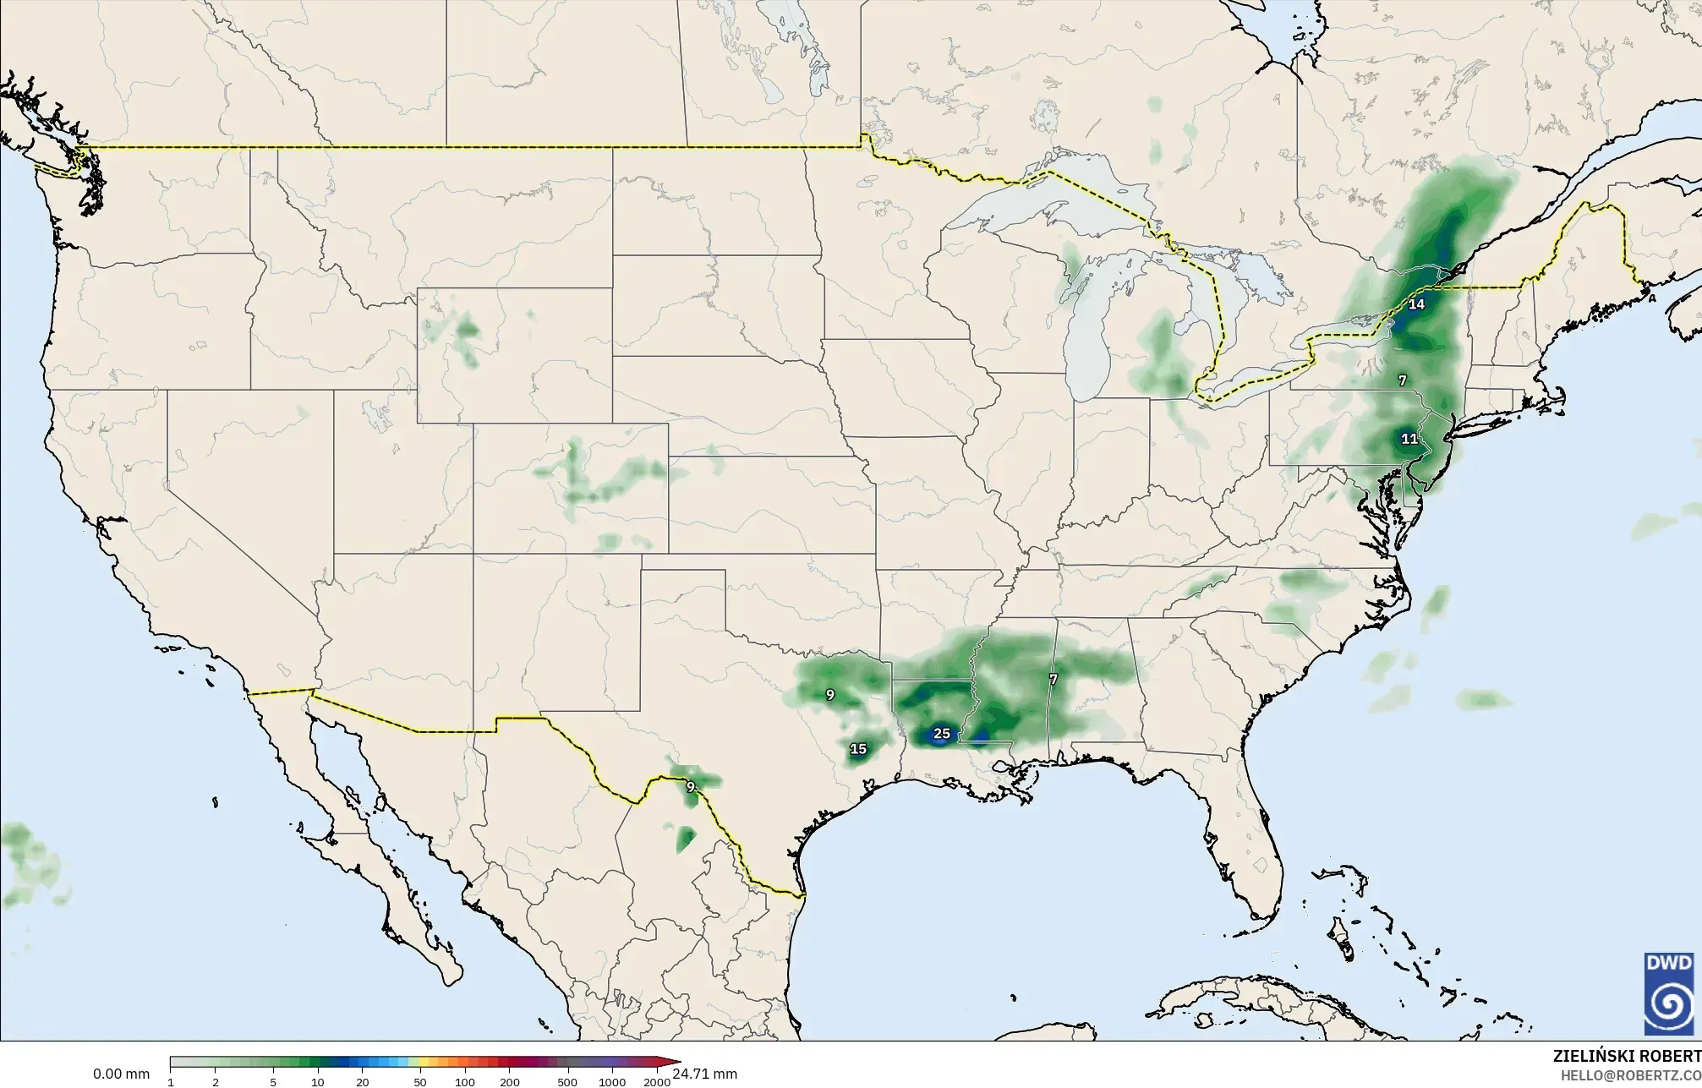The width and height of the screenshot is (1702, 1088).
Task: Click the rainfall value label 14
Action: point(1415,304)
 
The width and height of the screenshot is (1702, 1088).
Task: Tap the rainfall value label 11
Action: point(1409,439)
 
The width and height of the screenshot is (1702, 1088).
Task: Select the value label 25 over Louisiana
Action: point(941,734)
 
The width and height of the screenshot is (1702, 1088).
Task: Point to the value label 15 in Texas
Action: point(857,749)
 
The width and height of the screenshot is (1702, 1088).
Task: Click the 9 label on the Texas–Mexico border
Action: point(690,787)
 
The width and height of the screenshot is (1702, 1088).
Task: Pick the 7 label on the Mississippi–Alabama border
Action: point(1053,679)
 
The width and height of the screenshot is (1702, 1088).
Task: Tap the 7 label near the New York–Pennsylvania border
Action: point(1402,380)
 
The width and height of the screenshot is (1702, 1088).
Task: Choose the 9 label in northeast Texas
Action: point(829,695)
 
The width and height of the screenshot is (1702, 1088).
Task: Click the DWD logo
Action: point(1668,993)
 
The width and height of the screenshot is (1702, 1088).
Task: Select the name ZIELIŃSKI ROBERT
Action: point(1627,1056)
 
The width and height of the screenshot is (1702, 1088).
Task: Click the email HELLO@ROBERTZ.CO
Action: point(1630,1075)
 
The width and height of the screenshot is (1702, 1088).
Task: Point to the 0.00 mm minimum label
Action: point(121,1074)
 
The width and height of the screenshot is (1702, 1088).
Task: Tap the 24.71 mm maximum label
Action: point(705,1074)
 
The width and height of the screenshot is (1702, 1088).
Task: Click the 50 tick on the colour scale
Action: point(419,1082)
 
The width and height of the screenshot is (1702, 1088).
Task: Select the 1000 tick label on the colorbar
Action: point(612,1082)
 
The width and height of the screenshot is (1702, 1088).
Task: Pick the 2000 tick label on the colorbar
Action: point(657,1082)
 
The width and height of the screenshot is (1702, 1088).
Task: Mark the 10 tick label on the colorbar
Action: point(317,1082)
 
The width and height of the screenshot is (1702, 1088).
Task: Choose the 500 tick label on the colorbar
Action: point(567,1082)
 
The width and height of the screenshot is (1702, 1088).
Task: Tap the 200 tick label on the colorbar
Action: point(509,1082)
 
